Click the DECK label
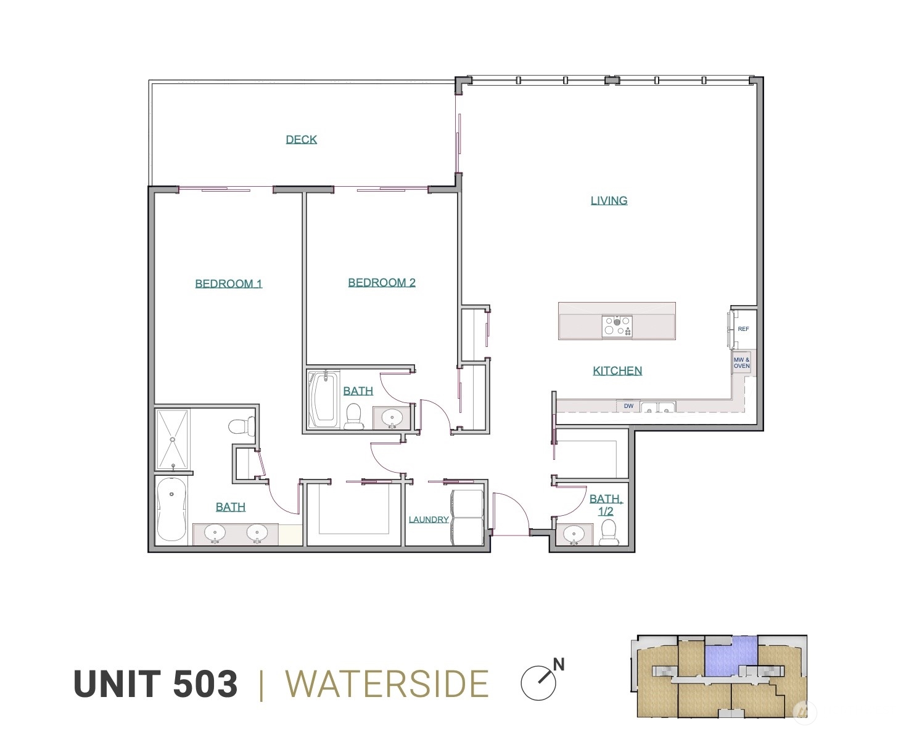coord(301,139)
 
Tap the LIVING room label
coord(609,200)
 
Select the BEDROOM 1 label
coord(228,283)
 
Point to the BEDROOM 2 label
coord(382,282)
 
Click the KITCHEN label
coord(617,370)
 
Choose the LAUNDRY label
coord(429,520)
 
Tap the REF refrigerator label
coord(743,329)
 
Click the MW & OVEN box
coord(741,363)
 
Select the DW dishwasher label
coord(628,406)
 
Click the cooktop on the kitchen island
coord(617,326)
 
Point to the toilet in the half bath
coord(609,532)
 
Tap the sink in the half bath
coord(574,534)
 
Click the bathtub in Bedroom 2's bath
coord(324,399)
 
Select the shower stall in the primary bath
coord(173,439)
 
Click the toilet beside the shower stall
coord(241,426)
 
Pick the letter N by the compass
coord(559,664)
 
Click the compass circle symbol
coord(538,683)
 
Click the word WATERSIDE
coord(387,684)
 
